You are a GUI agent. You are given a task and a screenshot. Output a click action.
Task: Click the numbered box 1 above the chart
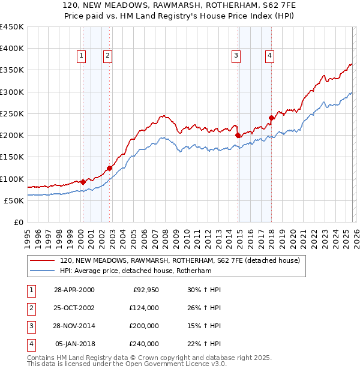pyautogui.click(x=81, y=56)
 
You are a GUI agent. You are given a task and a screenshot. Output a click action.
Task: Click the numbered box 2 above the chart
pyautogui.click(x=107, y=56)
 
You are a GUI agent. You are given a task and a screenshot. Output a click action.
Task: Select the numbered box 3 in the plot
pyautogui.click(x=236, y=56)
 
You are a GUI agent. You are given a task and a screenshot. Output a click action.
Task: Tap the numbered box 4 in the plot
pyautogui.click(x=269, y=56)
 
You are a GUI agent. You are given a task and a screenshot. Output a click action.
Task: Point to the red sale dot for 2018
pyautogui.click(x=271, y=118)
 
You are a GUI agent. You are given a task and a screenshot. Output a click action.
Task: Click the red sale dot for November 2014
pyautogui.click(x=238, y=135)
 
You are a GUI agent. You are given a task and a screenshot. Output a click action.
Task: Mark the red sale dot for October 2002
pyautogui.click(x=110, y=168)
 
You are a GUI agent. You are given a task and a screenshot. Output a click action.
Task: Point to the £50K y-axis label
pyautogui.click(x=14, y=200)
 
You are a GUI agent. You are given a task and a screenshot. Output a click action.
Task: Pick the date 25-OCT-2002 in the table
pyautogui.click(x=74, y=308)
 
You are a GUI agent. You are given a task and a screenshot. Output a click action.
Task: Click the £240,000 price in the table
pyautogui.click(x=144, y=344)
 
